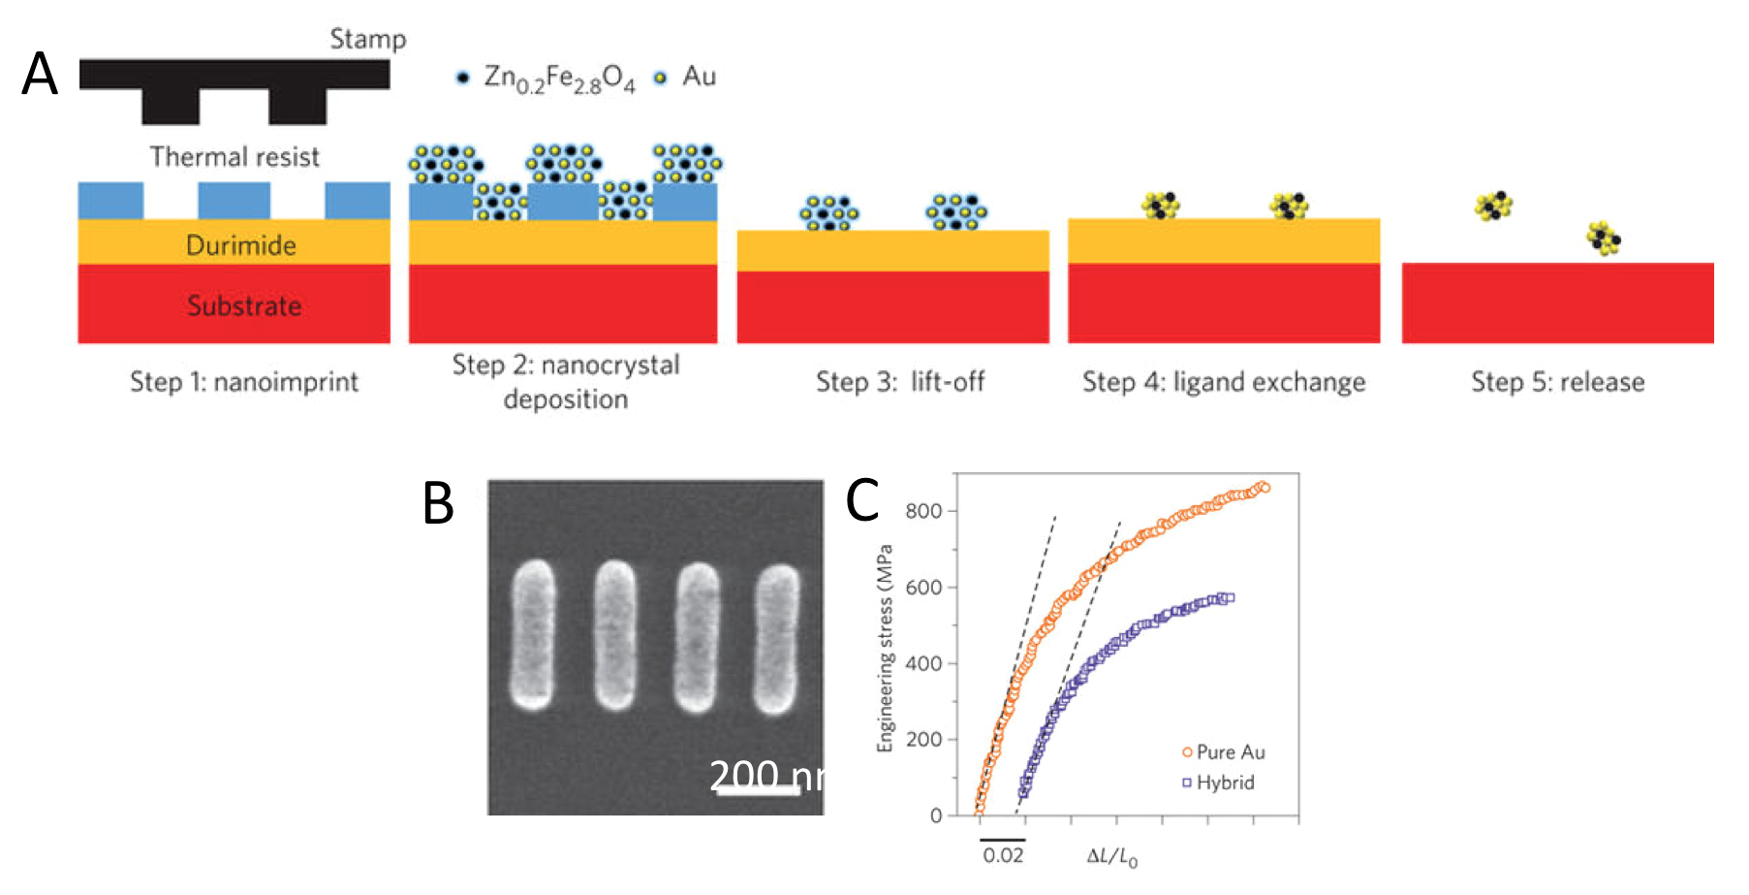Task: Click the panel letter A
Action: click(x=40, y=75)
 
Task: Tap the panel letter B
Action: click(x=439, y=504)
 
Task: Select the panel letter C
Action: click(x=861, y=500)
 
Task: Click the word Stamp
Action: click(x=367, y=39)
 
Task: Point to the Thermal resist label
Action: click(x=234, y=157)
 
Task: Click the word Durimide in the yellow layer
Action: click(x=240, y=245)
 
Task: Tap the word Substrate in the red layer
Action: click(x=243, y=306)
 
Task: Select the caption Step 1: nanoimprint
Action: click(x=244, y=382)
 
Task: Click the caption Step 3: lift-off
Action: click(x=899, y=382)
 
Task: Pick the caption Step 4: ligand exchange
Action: click(x=1224, y=382)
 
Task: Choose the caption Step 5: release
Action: click(x=1557, y=382)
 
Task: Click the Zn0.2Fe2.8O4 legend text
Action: click(x=559, y=79)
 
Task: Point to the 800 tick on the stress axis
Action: click(x=922, y=511)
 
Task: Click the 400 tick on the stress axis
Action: click(x=922, y=664)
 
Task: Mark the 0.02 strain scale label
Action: click(x=1002, y=855)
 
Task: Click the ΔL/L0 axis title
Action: click(x=1111, y=856)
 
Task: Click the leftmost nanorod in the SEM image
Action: click(x=532, y=635)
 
